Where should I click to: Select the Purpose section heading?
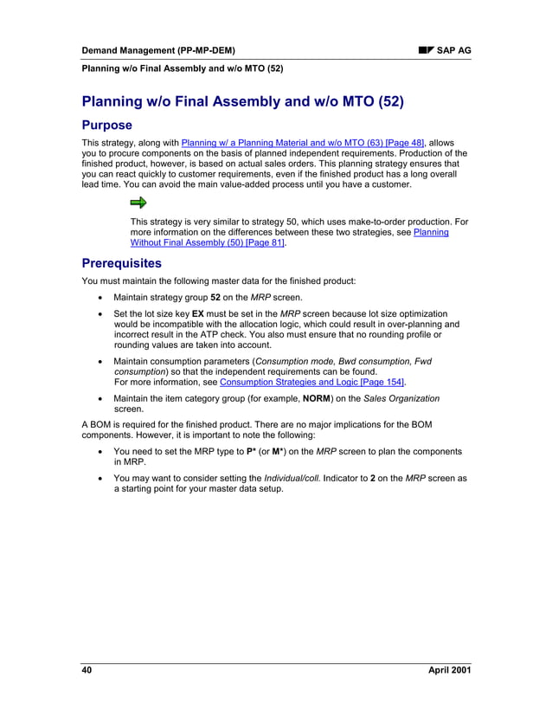106,125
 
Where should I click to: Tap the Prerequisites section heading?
121,262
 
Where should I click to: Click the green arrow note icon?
138,203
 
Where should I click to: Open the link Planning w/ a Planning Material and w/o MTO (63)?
303,142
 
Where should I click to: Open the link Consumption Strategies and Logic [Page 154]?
312,382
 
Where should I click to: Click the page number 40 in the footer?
87,671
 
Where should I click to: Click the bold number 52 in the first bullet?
216,297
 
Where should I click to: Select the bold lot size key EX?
197,313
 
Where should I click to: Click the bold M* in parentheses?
279,451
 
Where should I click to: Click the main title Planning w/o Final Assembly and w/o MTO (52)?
242,101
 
